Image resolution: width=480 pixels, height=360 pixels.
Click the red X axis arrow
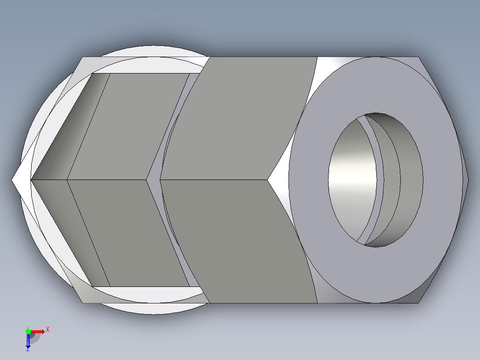pyautogui.click(x=38, y=331)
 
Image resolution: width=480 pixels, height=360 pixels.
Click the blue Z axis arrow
pyautogui.click(x=28, y=340)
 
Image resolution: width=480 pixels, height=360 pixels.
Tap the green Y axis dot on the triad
pyautogui.click(x=28, y=331)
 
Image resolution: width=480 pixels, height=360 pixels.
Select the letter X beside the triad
pyautogui.click(x=48, y=330)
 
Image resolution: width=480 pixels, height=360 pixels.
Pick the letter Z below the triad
pyautogui.click(x=28, y=350)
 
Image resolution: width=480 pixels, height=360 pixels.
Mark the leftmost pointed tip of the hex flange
pyautogui.click(x=12, y=180)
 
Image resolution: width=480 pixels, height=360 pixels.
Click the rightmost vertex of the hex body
pyautogui.click(x=468, y=180)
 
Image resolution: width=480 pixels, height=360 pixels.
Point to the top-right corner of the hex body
pyautogui.click(x=419, y=57)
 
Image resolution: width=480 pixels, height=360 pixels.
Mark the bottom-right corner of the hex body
pyautogui.click(x=419, y=303)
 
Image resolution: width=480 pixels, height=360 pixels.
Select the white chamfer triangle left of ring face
pyautogui.click(x=279, y=180)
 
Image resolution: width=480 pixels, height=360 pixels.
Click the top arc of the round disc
pyautogui.click(x=154, y=46)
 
